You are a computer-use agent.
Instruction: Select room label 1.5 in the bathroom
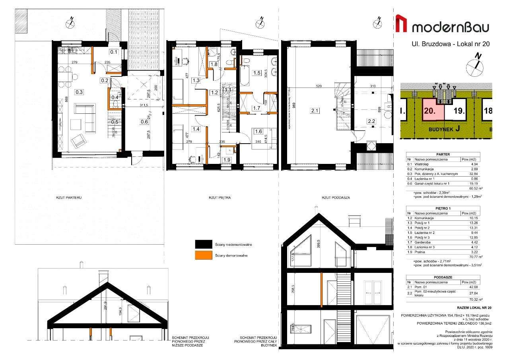[x=257, y=73]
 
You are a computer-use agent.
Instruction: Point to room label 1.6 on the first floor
[x=258, y=131]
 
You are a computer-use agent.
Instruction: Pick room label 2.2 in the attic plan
[x=371, y=121]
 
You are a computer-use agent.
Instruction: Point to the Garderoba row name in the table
[x=422, y=242]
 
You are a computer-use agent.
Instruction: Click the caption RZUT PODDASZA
[x=332, y=197]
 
